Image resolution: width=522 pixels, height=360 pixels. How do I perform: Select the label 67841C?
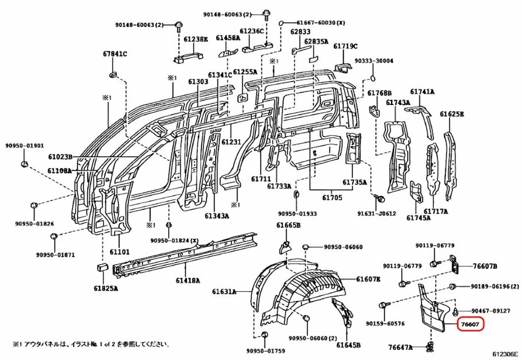coord(115,54)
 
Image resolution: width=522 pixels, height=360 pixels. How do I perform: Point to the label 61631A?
coord(224,292)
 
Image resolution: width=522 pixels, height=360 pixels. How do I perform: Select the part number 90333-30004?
coord(373,61)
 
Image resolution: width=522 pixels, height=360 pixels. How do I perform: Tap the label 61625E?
coord(451,114)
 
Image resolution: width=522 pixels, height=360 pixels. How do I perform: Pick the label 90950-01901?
coord(25,146)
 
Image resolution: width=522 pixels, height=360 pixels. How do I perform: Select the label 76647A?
coord(400,347)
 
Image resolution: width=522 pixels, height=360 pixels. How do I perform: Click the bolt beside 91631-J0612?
coord(379,198)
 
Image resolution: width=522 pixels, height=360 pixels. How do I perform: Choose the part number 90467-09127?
coord(491,311)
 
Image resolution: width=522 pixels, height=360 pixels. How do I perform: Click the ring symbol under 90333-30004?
coord(373,77)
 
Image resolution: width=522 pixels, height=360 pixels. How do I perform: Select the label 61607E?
coord(368,279)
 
